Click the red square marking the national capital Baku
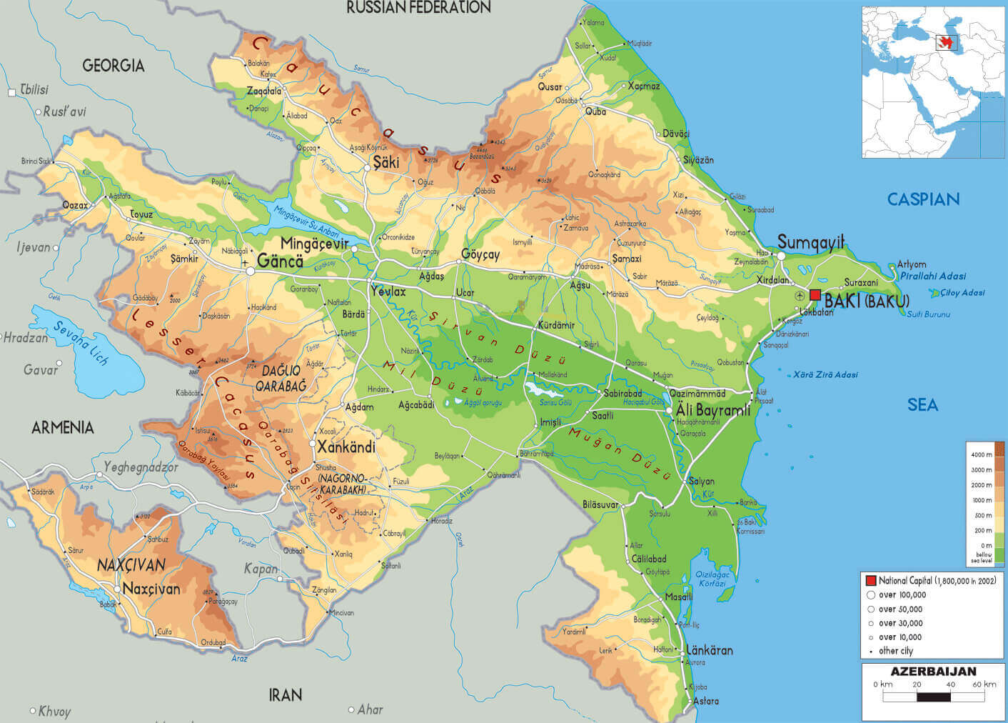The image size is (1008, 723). pyautogui.click(x=815, y=295)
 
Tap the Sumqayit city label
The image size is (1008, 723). pyautogui.click(x=811, y=242)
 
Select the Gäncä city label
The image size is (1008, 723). pyautogui.click(x=280, y=261)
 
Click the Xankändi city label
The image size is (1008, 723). pyautogui.click(x=346, y=447)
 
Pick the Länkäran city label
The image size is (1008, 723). pyautogui.click(x=709, y=650)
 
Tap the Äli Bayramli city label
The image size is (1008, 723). pyautogui.click(x=713, y=410)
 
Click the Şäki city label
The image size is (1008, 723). pyautogui.click(x=385, y=162)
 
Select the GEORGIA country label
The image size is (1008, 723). pyautogui.click(x=113, y=66)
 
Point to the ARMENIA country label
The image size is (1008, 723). pyautogui.click(x=63, y=427)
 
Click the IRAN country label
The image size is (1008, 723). pyautogui.click(x=285, y=694)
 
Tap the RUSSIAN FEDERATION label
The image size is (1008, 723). pyautogui.click(x=418, y=8)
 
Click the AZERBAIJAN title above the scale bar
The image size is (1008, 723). pyautogui.click(x=933, y=672)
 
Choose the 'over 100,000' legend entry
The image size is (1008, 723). pyautogui.click(x=902, y=594)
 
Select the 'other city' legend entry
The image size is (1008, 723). pyautogui.click(x=895, y=651)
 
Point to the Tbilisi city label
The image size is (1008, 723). pyautogui.click(x=34, y=89)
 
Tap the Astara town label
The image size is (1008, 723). pyautogui.click(x=706, y=701)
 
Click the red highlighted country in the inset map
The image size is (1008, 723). pyautogui.click(x=947, y=42)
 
